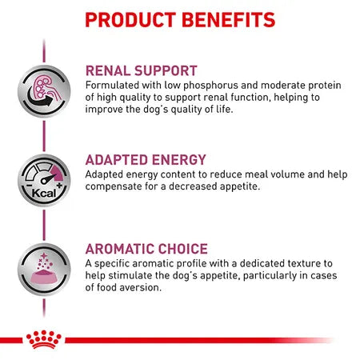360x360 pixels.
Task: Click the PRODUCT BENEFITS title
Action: click(179, 19)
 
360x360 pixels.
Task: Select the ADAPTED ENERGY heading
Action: click(146, 159)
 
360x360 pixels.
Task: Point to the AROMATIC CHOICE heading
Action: click(146, 249)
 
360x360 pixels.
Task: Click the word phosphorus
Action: click(202, 85)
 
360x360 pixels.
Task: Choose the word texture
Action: click(303, 263)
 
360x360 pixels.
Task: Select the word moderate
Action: click(273, 85)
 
